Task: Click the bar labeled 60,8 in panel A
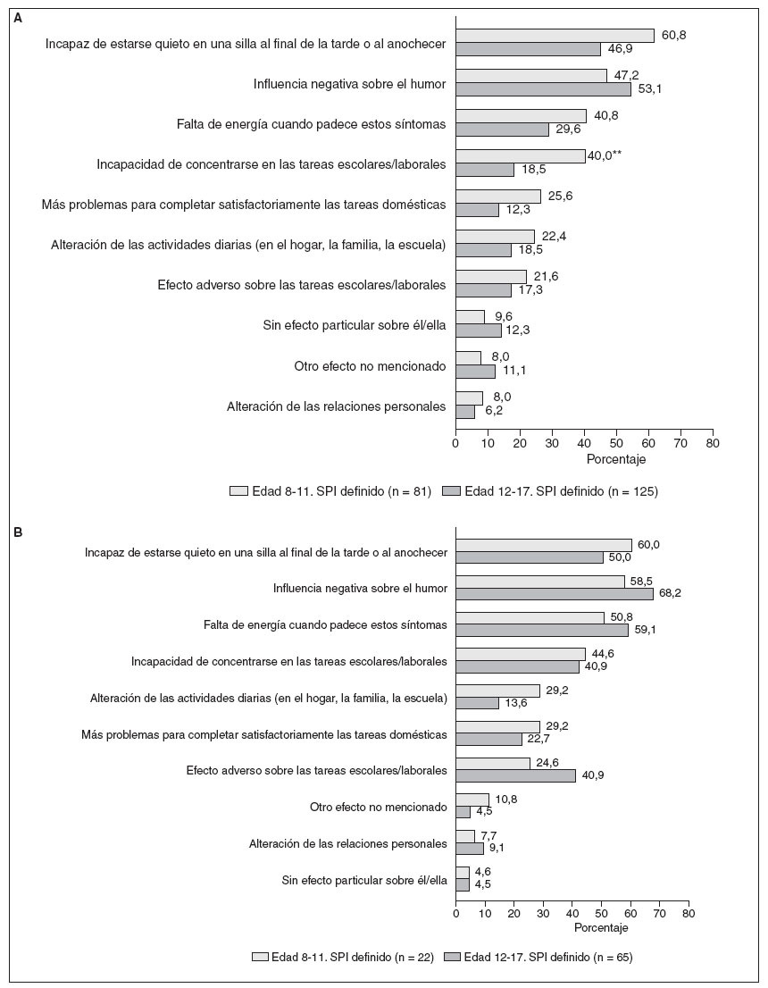click(x=555, y=36)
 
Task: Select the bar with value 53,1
click(x=543, y=89)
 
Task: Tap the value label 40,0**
click(x=605, y=155)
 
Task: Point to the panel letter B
click(x=18, y=532)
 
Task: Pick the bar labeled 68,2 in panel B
click(x=555, y=594)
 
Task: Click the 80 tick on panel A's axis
click(x=712, y=442)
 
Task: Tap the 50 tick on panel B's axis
click(x=601, y=914)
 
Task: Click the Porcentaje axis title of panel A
click(x=616, y=459)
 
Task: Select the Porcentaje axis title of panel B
click(x=600, y=929)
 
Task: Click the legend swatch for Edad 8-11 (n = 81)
click(x=238, y=490)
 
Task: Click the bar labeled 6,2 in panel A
click(x=465, y=411)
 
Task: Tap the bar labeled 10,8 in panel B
click(x=472, y=800)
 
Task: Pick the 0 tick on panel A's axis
click(x=455, y=442)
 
